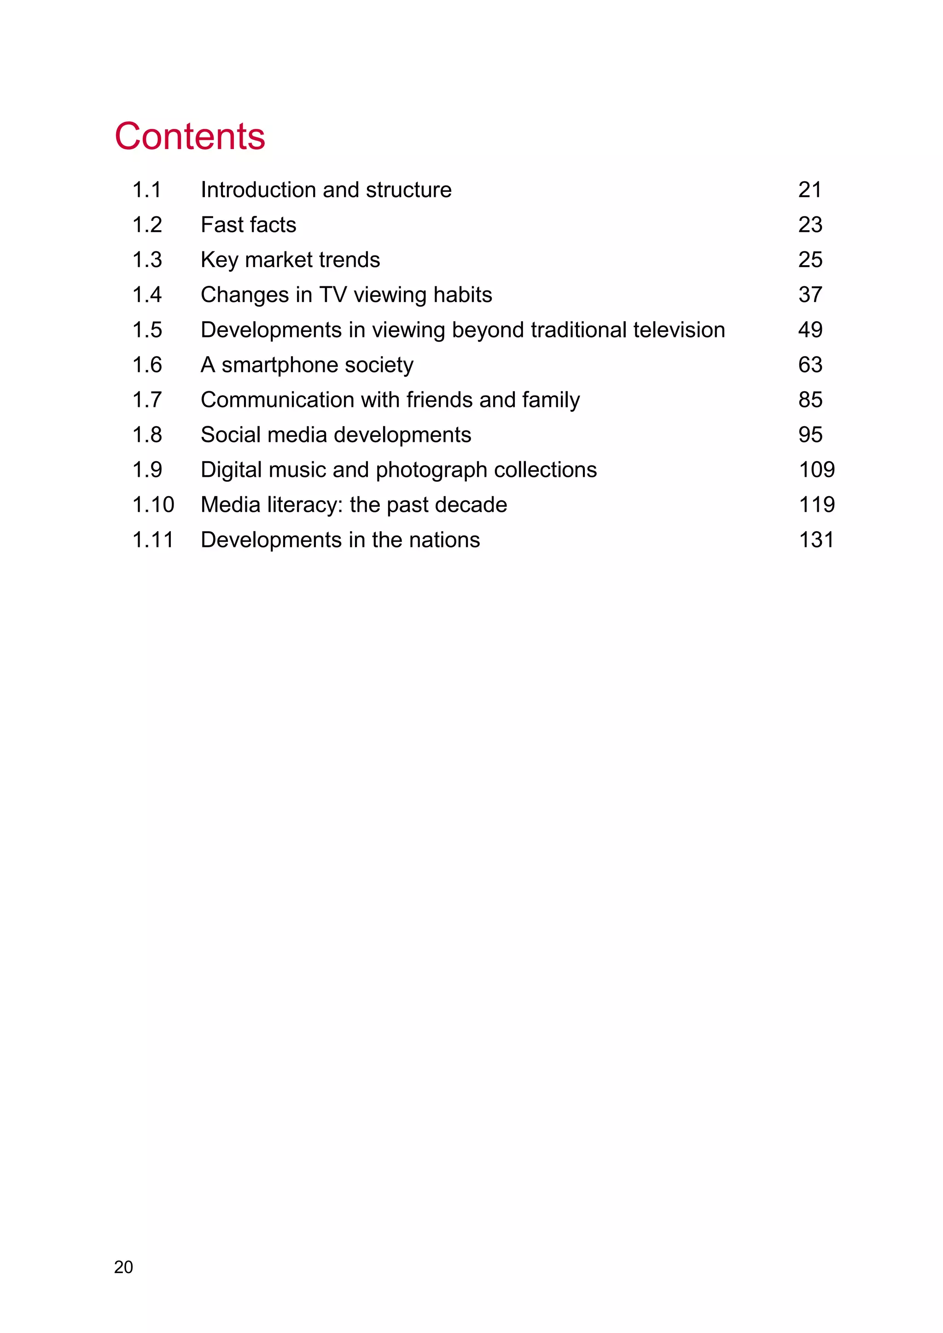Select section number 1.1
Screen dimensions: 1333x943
(x=146, y=190)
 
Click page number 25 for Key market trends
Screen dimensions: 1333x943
(x=810, y=260)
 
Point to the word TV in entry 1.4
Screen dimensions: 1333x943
(x=333, y=295)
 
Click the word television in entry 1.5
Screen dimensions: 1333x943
(x=679, y=330)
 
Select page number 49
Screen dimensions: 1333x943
(x=810, y=330)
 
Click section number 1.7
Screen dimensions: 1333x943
(x=146, y=400)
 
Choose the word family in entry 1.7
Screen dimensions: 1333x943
(x=550, y=400)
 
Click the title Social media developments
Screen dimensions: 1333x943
(x=336, y=435)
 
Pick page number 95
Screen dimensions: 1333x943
(x=810, y=435)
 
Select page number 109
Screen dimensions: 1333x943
(x=816, y=469)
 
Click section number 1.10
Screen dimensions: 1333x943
(x=153, y=505)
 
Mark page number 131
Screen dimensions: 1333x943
(x=816, y=540)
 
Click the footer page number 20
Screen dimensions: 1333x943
(x=124, y=1267)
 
